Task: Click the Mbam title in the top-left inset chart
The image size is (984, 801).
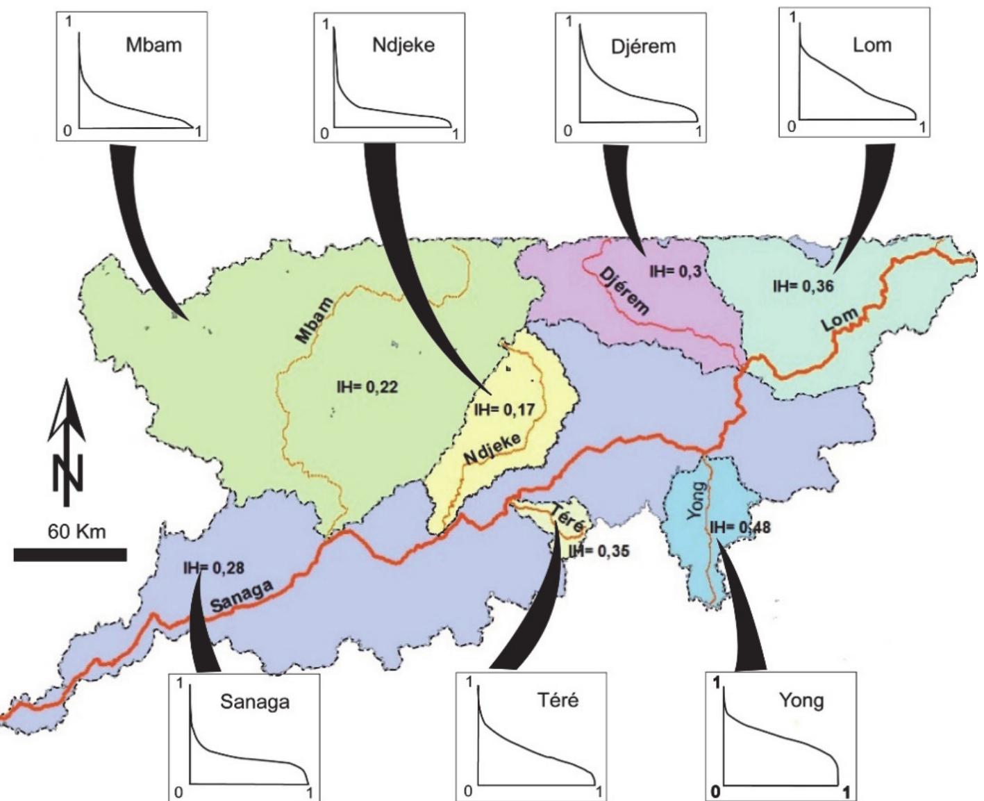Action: point(153,45)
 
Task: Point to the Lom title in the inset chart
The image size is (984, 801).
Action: point(872,45)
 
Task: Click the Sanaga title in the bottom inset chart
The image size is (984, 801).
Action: point(254,702)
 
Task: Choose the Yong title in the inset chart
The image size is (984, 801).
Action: point(801,700)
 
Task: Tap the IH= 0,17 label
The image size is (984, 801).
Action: point(504,410)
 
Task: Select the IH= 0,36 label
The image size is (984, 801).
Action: point(803,285)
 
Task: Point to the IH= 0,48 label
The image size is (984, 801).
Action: point(740,527)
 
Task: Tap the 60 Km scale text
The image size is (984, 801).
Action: point(76,532)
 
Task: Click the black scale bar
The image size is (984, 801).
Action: point(70,554)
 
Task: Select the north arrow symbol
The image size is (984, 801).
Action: point(67,445)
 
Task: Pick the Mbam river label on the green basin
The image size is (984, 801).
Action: point(313,320)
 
